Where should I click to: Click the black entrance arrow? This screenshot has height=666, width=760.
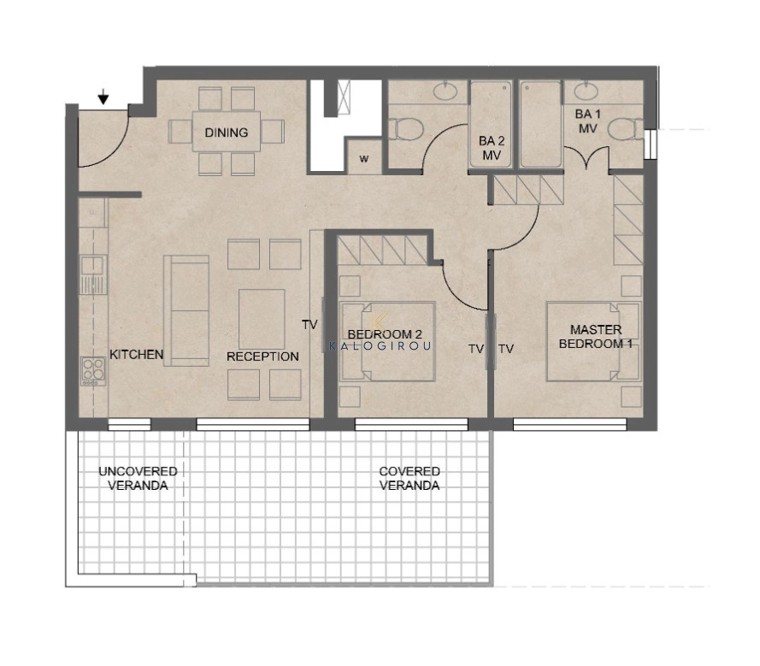tap(103, 97)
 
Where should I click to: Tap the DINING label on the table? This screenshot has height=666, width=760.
tap(227, 133)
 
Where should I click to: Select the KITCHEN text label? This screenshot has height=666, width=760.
tap(137, 354)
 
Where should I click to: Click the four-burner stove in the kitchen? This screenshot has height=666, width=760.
tap(93, 371)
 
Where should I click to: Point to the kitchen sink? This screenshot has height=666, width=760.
tap(92, 274)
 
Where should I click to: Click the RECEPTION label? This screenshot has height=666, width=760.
tap(262, 357)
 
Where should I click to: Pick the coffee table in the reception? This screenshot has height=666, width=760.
tap(262, 319)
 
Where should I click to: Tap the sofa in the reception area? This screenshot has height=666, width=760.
tap(186, 310)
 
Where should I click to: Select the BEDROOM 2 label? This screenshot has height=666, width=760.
tap(385, 334)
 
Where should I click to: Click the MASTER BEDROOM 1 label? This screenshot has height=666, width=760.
tap(596, 337)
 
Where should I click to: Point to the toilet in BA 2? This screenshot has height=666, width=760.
tap(406, 129)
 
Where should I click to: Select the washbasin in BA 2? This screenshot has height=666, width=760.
tap(445, 91)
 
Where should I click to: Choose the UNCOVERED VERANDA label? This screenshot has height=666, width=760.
tap(138, 479)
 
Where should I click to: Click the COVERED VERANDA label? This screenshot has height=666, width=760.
tap(409, 479)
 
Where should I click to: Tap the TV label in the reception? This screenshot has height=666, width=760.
tap(309, 325)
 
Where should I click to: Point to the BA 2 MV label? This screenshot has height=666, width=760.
tap(492, 148)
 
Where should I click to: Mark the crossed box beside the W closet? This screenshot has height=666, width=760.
tap(344, 97)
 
